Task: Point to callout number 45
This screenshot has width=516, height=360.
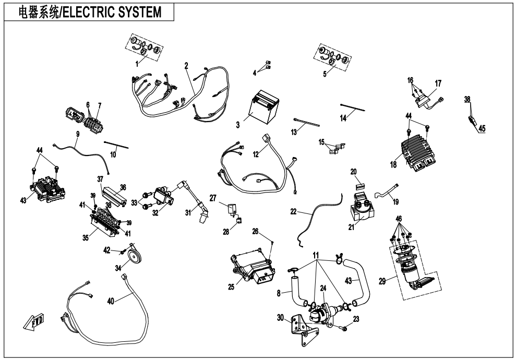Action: point(482,129)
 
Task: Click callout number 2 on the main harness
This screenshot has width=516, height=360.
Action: point(186,67)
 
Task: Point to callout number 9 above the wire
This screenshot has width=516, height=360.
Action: point(77,134)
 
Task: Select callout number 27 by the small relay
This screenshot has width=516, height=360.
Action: point(212,198)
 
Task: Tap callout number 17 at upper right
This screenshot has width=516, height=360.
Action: point(438,83)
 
